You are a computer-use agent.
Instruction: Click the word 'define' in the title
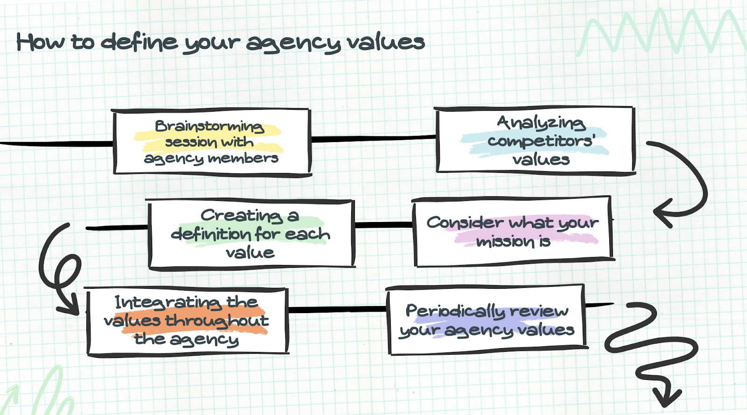pos(140,42)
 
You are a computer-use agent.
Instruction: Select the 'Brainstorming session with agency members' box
pos(211,142)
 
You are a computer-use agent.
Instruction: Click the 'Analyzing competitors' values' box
pos(536,140)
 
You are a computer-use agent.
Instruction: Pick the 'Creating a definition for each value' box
pos(251,234)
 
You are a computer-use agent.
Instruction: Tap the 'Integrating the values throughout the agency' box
pos(187,321)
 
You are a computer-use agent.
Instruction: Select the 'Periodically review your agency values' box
pos(486,320)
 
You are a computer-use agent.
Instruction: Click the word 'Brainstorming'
pos(210,126)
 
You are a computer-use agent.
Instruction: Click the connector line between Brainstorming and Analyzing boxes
pos(373,138)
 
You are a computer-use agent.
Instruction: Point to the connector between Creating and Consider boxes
pos(384,225)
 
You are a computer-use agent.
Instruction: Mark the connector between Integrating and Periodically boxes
pos(338,309)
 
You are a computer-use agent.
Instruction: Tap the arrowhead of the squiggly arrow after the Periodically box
pos(665,399)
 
